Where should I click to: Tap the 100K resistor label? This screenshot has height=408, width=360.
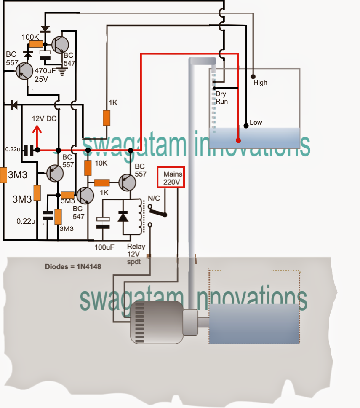coord(31,37)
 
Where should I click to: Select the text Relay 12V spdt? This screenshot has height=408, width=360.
coord(136,254)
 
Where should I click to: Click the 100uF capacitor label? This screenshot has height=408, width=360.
coord(104,247)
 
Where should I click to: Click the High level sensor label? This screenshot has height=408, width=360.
coord(260,83)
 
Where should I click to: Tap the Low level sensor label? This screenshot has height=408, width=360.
coord(256,123)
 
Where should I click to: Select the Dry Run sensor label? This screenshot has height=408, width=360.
coord(221,98)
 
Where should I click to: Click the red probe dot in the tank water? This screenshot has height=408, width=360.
coord(238,141)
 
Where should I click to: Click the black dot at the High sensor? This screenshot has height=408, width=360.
coord(253,77)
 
